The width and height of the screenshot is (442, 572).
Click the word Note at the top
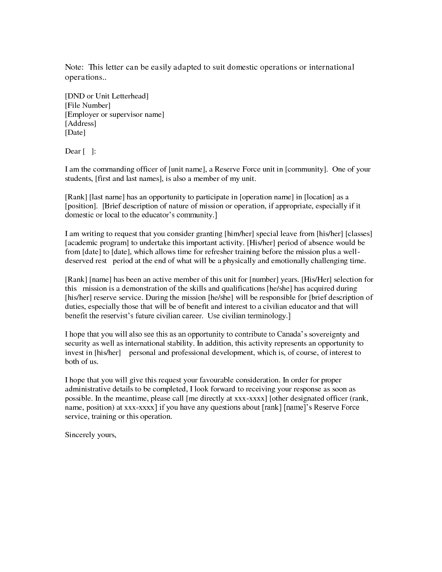(73, 67)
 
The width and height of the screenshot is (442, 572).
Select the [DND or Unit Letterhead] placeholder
(107, 96)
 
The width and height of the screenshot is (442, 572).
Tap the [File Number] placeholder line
(88, 105)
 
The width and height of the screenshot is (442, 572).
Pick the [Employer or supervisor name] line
(114, 114)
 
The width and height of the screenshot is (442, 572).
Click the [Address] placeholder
(80, 123)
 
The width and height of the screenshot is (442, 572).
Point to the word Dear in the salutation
(73, 151)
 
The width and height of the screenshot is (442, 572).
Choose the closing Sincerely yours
(90, 435)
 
